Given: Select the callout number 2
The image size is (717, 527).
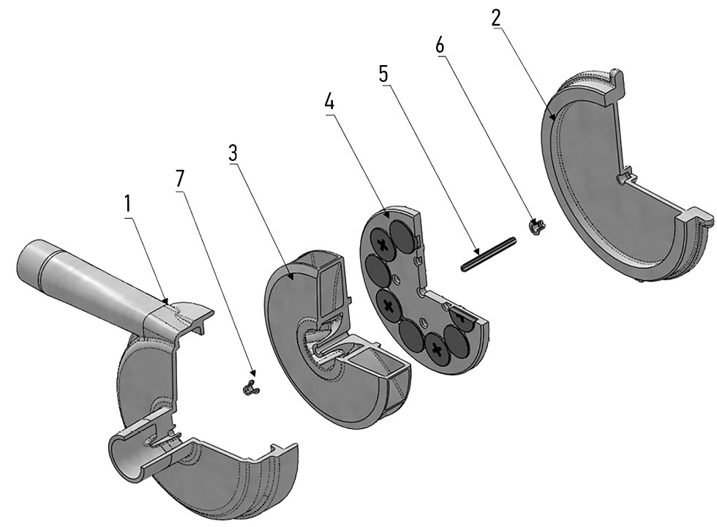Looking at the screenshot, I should click(x=496, y=18).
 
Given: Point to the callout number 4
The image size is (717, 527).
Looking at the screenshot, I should click(x=329, y=102).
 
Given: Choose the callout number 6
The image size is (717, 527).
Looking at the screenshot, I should click(x=439, y=44).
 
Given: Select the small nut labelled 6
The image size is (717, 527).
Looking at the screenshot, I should click(x=536, y=225).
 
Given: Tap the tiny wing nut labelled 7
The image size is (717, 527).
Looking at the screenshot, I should click(x=249, y=387).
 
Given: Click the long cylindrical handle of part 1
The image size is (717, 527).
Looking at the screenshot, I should click(x=80, y=274).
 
